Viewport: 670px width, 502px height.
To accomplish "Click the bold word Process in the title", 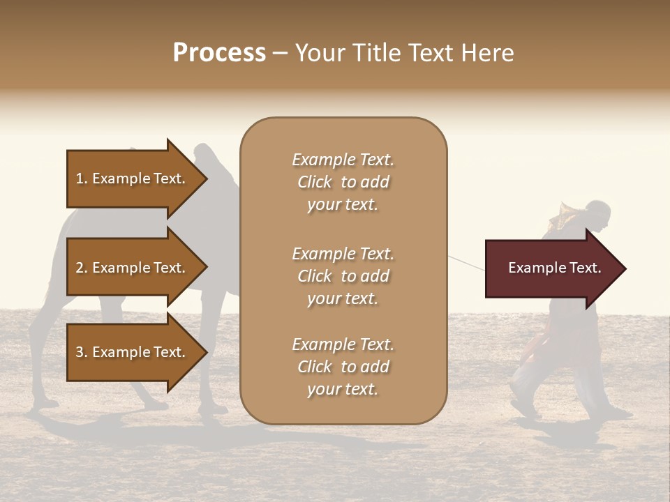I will point(219,53).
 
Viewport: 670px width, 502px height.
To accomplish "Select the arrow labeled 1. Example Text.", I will point(133,178).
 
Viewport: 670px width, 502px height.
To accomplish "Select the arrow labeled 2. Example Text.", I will point(133,268).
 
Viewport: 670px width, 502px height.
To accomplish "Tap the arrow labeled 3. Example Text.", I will point(133,352).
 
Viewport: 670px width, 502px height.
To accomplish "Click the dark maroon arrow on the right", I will point(551,268).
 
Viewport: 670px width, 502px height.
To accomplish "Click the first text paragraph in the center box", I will point(343,182).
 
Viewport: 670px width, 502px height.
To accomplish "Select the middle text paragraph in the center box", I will point(343,276).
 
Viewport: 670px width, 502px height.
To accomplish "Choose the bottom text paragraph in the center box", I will point(343,367).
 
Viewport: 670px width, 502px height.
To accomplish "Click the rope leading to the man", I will point(466,263).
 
